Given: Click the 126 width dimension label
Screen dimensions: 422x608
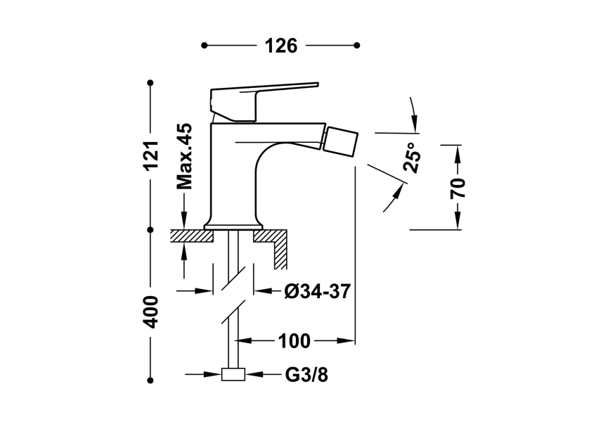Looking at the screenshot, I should click(281, 46).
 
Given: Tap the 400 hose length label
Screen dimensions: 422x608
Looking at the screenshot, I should click(151, 310).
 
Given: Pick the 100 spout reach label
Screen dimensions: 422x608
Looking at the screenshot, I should click(294, 342).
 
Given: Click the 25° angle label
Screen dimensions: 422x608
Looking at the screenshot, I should click(413, 158).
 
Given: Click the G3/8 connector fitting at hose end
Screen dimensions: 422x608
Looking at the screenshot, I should click(233, 375).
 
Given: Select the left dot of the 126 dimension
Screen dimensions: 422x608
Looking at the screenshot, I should click(204, 46).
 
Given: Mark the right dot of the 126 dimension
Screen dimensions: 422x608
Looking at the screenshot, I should click(357, 46).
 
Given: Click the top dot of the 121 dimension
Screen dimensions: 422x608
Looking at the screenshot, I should click(150, 83).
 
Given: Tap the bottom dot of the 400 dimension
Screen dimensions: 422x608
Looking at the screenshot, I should click(150, 380).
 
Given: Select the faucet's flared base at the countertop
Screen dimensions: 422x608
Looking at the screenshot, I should click(233, 224).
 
